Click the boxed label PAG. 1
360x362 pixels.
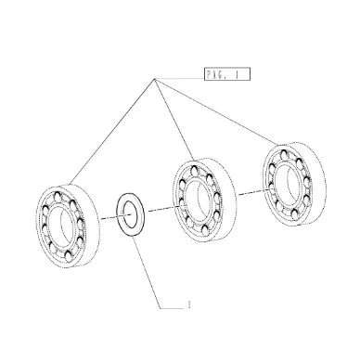pos(226,74)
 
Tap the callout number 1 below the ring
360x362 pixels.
pos(188,304)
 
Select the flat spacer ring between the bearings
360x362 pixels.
pos(130,214)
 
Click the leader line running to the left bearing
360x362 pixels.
pos(111,132)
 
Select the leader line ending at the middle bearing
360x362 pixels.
pos(174,120)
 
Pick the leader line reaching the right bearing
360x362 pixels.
pos(216,111)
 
